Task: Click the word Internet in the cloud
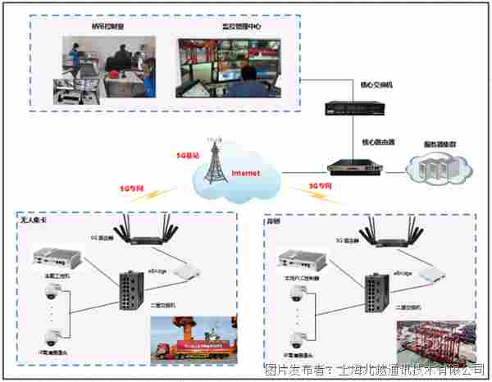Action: click(245, 174)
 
